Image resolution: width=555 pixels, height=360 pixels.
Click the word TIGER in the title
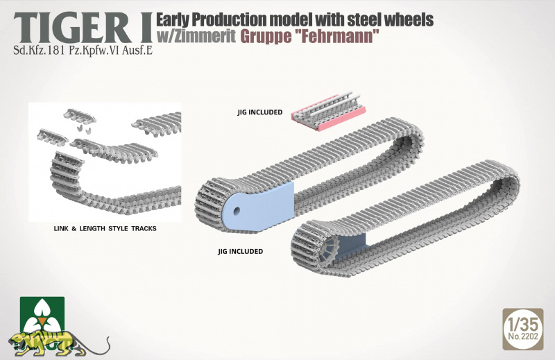74,28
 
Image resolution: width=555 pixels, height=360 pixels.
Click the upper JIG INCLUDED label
259,112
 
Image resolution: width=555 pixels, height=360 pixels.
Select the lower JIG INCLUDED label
240,251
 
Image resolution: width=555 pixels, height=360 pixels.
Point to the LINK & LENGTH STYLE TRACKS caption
105,229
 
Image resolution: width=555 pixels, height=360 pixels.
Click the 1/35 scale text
522,323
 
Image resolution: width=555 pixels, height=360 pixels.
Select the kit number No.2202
523,336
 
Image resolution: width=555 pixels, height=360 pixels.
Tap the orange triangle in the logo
42,322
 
